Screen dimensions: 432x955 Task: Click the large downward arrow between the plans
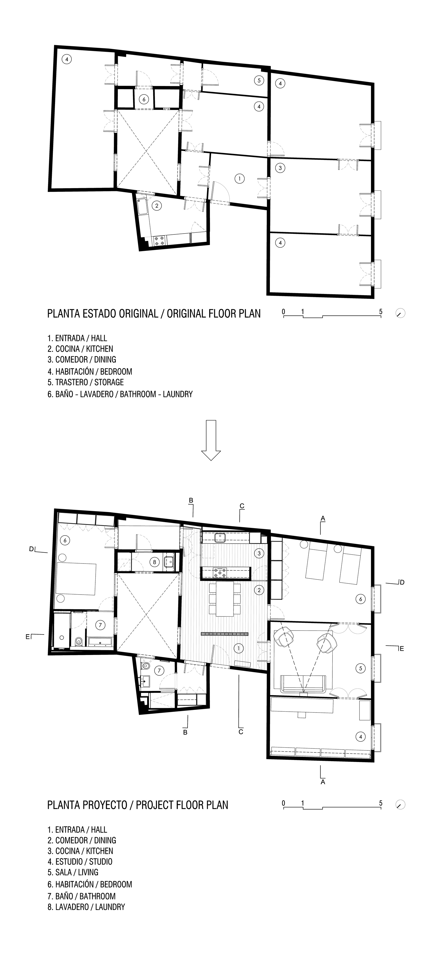pos(211,440)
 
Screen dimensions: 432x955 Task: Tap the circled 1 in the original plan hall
pos(240,178)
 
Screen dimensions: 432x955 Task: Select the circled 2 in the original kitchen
pos(157,205)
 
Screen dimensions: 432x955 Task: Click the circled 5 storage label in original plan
pos(259,80)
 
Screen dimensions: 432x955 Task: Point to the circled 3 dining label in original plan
pos(280,168)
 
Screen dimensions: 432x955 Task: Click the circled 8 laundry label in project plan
pos(155,562)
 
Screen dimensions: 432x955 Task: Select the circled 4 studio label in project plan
pos(360,737)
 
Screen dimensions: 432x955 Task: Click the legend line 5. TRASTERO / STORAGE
pos(85,382)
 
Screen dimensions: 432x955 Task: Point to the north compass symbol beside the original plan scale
pos(400,313)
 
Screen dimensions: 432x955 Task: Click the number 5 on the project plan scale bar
pos(381,803)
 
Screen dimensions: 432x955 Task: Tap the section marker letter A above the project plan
pos(323,518)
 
